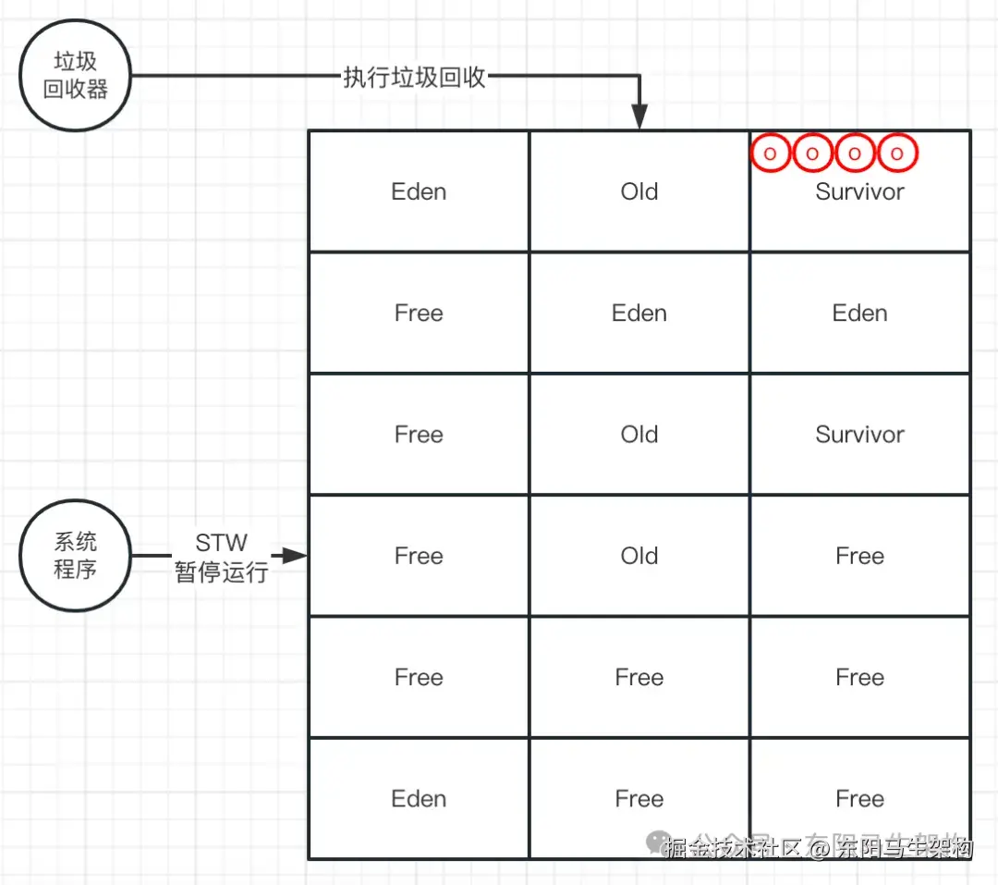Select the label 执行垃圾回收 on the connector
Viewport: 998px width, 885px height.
[x=414, y=77]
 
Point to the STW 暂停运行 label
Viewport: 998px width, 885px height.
[x=222, y=557]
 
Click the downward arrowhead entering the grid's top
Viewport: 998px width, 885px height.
[x=639, y=119]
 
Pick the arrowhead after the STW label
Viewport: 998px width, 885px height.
[x=295, y=556]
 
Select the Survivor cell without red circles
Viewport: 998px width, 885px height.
[x=859, y=435]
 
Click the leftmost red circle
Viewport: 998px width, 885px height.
[x=770, y=154]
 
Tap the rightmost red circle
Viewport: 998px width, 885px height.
[x=896, y=154]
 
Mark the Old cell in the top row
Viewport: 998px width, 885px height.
[x=639, y=191]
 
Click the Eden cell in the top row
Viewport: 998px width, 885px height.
[x=419, y=191]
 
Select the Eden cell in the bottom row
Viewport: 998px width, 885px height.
[x=419, y=799]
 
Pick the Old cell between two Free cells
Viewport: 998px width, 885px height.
[x=639, y=556]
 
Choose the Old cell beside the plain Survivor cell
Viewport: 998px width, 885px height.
[x=639, y=435]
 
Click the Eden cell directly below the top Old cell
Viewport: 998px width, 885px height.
[x=639, y=313]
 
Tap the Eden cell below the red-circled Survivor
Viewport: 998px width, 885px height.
[x=859, y=313]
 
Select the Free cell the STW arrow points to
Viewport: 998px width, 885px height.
[x=419, y=556]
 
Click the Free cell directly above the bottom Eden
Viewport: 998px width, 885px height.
[x=419, y=678]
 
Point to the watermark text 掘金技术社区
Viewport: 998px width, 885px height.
[x=721, y=847]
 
